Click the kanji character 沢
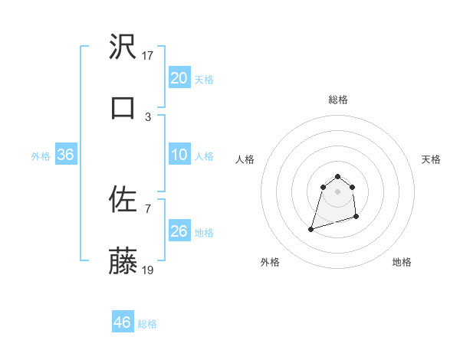[x=123, y=48]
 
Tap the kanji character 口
[x=123, y=107]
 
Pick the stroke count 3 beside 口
[x=148, y=116]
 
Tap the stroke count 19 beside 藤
[x=148, y=270]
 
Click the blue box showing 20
[x=179, y=78]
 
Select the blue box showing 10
[x=179, y=155]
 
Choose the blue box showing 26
[x=179, y=231]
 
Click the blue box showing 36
[x=65, y=155]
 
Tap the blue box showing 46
[x=123, y=322]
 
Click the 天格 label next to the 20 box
[x=204, y=80]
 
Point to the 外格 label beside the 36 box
[x=41, y=156]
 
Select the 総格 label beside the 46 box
[x=147, y=324]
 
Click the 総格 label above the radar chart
[x=338, y=100]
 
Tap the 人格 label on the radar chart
[x=245, y=159]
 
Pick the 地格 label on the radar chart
[x=402, y=262]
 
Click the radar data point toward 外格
[x=311, y=228]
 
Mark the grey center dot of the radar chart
[x=338, y=191]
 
